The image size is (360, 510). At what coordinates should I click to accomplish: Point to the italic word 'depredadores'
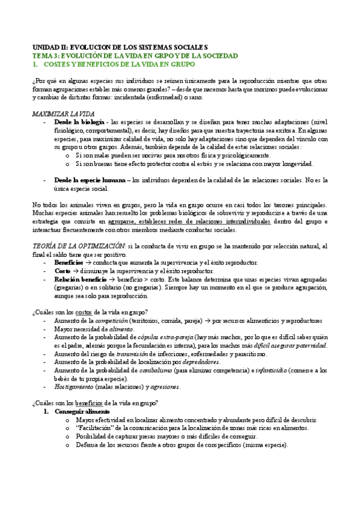coord(201,362)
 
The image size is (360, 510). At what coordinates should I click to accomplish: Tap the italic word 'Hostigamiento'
coord(75,387)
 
